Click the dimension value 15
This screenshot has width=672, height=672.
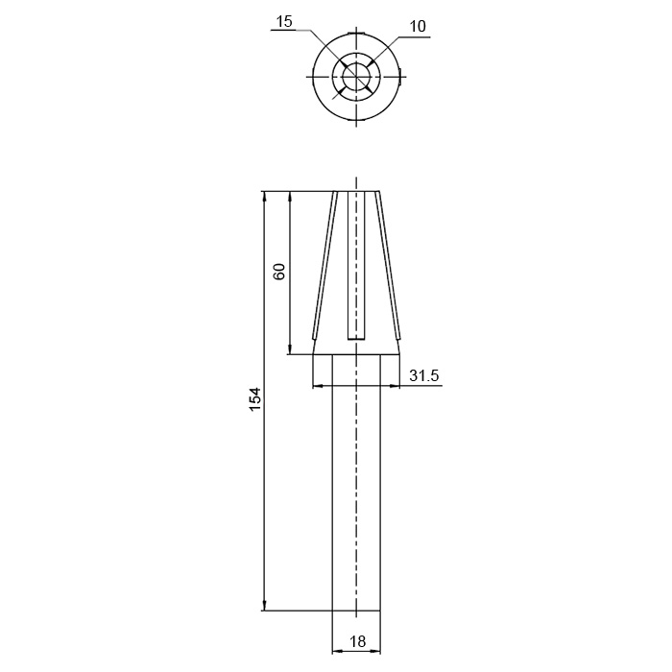coord(284,21)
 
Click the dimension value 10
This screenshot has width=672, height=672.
coord(418,27)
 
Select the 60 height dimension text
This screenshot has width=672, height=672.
coord(279,272)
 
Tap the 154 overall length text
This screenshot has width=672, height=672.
coord(255,399)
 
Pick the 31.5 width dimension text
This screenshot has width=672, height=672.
coord(424,375)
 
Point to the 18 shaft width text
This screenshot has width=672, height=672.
coord(357,641)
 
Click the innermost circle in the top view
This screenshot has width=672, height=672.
coord(356,77)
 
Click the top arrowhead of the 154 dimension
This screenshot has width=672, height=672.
coord(264,196)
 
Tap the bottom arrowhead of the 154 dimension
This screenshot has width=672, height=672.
coord(264,606)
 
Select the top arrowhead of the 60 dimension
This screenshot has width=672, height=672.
coord(290,196)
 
